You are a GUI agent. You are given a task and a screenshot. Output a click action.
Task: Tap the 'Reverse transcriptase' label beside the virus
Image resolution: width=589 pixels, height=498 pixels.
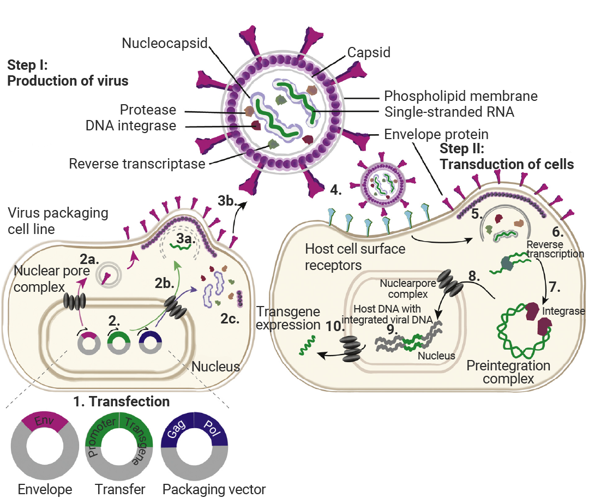point(137,164)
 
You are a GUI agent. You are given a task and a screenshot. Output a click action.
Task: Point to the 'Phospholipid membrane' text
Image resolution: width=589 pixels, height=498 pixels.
point(461,97)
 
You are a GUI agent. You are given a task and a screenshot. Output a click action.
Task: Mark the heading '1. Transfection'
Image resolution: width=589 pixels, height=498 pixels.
point(122,402)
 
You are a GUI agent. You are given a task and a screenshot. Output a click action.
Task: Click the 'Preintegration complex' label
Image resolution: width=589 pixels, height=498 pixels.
point(508,371)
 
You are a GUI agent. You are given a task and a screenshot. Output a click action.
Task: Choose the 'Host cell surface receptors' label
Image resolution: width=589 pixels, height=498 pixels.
point(355,257)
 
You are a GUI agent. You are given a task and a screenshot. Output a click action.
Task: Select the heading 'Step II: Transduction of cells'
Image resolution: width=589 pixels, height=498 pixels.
point(507,156)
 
